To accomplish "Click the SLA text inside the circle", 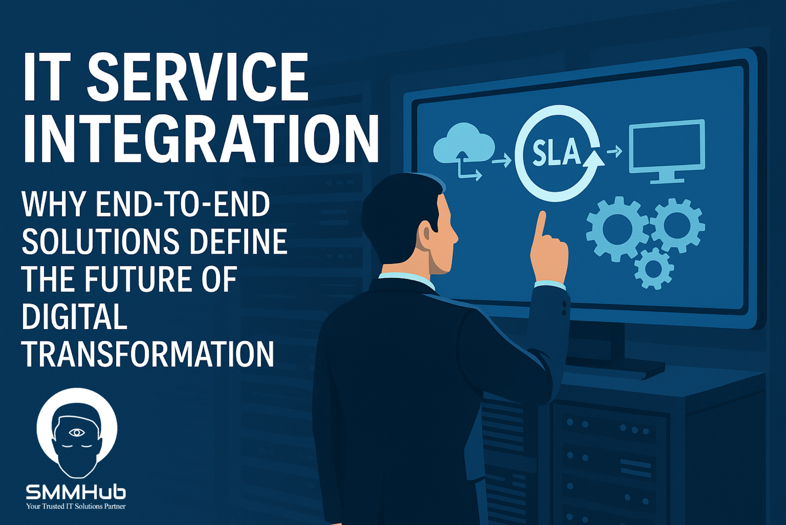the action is (556, 152).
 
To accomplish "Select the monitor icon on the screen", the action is (667, 151).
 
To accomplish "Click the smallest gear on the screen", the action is (654, 269).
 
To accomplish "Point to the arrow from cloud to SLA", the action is (501, 160).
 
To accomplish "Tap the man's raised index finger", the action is (540, 225).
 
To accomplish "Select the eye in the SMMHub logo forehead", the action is (77, 433).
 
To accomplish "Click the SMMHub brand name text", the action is (76, 492).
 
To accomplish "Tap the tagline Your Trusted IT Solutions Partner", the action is (76, 507).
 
